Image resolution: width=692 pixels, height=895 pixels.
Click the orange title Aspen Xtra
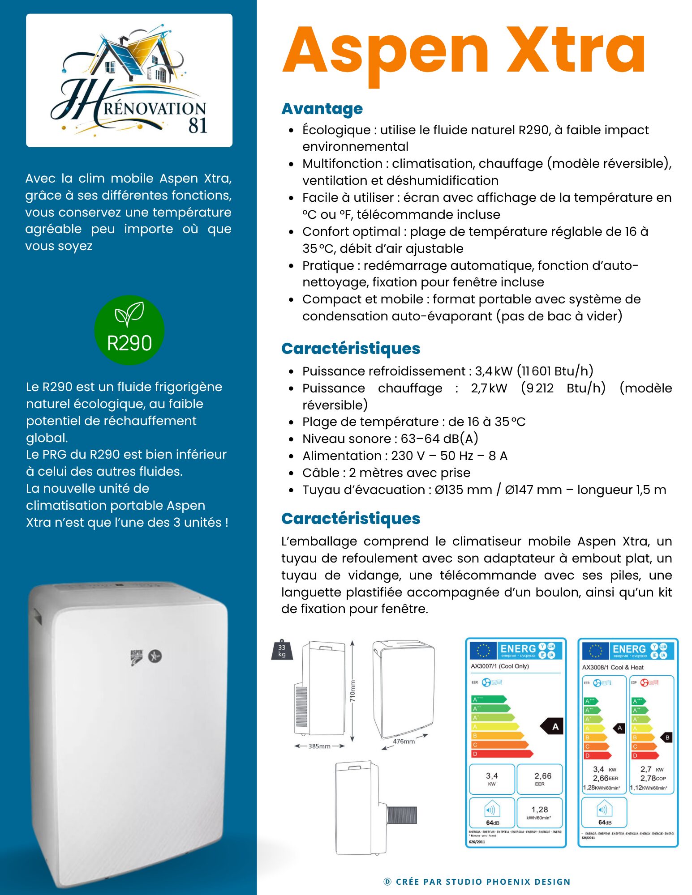coord(464,51)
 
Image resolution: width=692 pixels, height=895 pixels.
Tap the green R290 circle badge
coord(129,330)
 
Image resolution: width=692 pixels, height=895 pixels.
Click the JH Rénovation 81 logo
coord(129,81)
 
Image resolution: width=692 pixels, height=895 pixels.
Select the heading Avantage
coord(322,109)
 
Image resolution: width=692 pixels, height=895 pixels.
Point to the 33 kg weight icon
coord(282,650)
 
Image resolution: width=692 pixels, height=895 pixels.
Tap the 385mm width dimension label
coord(319,746)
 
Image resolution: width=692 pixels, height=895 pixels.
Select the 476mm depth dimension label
coord(404,742)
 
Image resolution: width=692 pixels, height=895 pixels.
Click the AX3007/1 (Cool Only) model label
coord(499,666)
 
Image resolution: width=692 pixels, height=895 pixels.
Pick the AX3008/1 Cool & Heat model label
coord(612,667)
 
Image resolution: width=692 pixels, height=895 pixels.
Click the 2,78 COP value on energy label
coord(653,778)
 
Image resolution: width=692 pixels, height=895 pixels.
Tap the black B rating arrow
coord(667,737)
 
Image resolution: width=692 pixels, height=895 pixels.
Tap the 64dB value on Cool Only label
coord(492,823)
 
